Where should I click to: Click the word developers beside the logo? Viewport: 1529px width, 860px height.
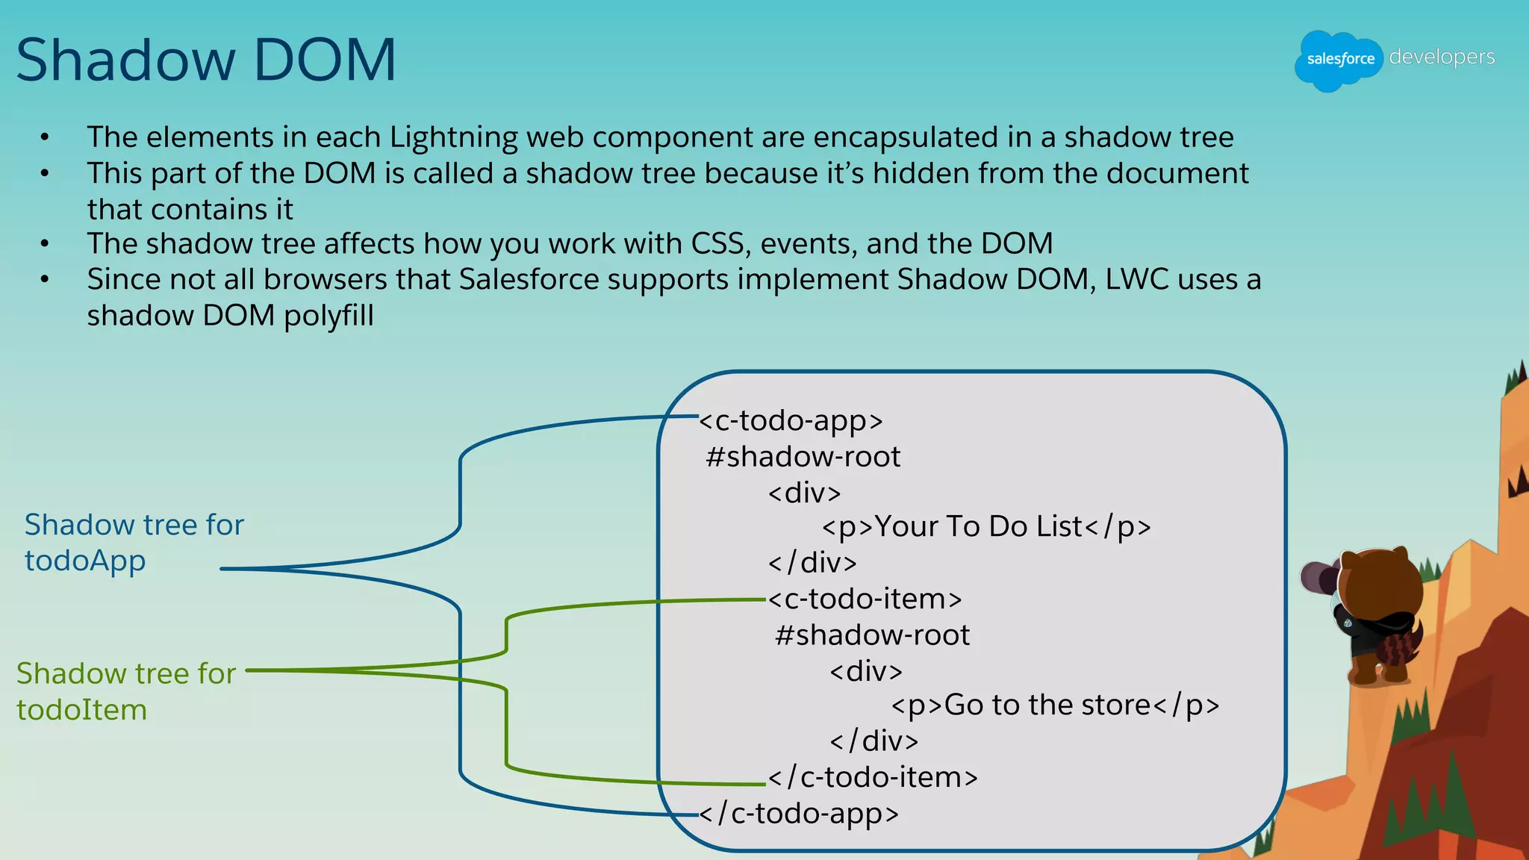click(1442, 57)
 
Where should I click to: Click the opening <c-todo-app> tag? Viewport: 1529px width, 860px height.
click(791, 421)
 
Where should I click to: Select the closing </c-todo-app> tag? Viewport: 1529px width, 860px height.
click(799, 813)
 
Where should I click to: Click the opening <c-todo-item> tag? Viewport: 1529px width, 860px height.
click(865, 599)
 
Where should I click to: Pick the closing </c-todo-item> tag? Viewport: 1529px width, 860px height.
click(873, 777)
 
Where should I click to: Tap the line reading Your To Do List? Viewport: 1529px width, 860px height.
click(985, 527)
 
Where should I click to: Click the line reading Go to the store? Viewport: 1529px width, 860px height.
click(1054, 705)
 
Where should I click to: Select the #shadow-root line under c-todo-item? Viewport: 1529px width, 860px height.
click(872, 635)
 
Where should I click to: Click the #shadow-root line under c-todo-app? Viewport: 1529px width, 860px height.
click(803, 457)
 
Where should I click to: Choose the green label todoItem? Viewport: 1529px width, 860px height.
click(82, 710)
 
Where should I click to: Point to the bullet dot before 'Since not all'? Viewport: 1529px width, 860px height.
click(45, 280)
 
